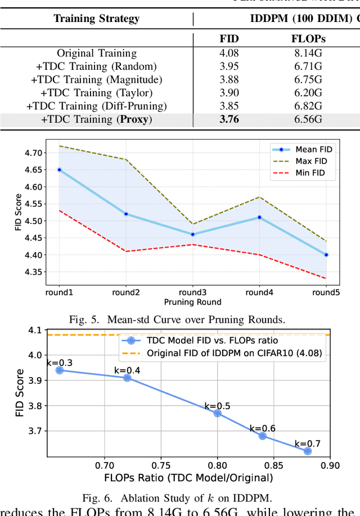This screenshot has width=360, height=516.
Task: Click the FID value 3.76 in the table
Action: [x=228, y=119]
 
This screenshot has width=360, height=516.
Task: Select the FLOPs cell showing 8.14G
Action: [x=309, y=54]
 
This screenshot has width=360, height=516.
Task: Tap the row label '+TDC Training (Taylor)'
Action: [x=96, y=93]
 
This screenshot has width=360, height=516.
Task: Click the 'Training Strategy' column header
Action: [x=96, y=19]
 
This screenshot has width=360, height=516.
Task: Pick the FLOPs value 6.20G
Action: [x=309, y=93]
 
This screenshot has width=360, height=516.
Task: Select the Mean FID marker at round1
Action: [x=59, y=169]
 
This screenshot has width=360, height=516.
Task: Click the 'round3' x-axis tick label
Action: [x=192, y=292]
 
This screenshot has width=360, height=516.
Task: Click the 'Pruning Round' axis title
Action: [x=193, y=302]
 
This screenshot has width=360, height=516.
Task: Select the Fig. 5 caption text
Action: [x=177, y=319]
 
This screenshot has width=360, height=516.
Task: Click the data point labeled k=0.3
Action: [x=60, y=370]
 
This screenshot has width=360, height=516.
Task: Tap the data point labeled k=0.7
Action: [x=308, y=451]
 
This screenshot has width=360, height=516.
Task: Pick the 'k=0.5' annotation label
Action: [x=217, y=405]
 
